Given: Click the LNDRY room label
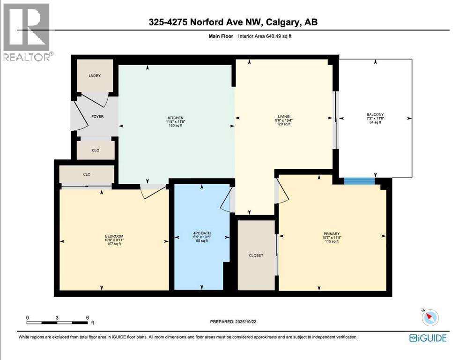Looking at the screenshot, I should point(95,76).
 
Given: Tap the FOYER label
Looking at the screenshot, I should point(97,117).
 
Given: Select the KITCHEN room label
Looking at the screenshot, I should point(176,118).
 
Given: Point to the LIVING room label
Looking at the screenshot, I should point(284,117).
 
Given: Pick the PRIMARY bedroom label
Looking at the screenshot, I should point(331,233).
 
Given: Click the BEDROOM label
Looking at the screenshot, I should point(114,236).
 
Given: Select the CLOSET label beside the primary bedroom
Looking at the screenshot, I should point(256,255).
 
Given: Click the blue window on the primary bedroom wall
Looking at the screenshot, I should point(359,181).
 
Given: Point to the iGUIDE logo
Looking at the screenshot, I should point(428,337).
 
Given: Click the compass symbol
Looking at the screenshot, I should point(430,318).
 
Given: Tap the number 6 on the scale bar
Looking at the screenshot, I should point(88,318).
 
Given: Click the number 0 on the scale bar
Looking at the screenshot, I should point(27,318).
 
